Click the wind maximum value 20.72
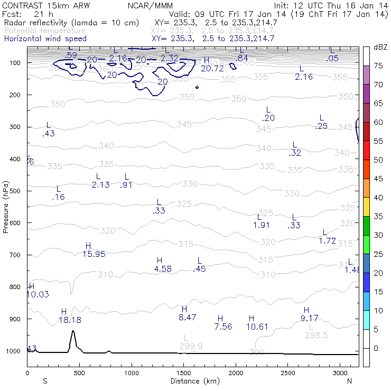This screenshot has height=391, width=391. click(x=212, y=68)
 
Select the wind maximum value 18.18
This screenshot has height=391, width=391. click(x=70, y=320)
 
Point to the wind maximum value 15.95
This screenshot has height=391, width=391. click(x=94, y=254)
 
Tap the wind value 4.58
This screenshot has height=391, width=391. click(x=162, y=268)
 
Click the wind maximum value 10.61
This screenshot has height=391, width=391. click(x=257, y=326)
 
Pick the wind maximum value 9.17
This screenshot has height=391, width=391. click(x=309, y=318)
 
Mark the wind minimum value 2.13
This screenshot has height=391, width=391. click(x=100, y=184)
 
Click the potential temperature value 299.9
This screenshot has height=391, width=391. click(x=191, y=346)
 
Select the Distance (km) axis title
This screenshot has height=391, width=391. click(x=192, y=380)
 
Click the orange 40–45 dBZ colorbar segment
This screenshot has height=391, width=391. click(x=366, y=188)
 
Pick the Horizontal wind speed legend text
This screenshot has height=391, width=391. click(x=45, y=39)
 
